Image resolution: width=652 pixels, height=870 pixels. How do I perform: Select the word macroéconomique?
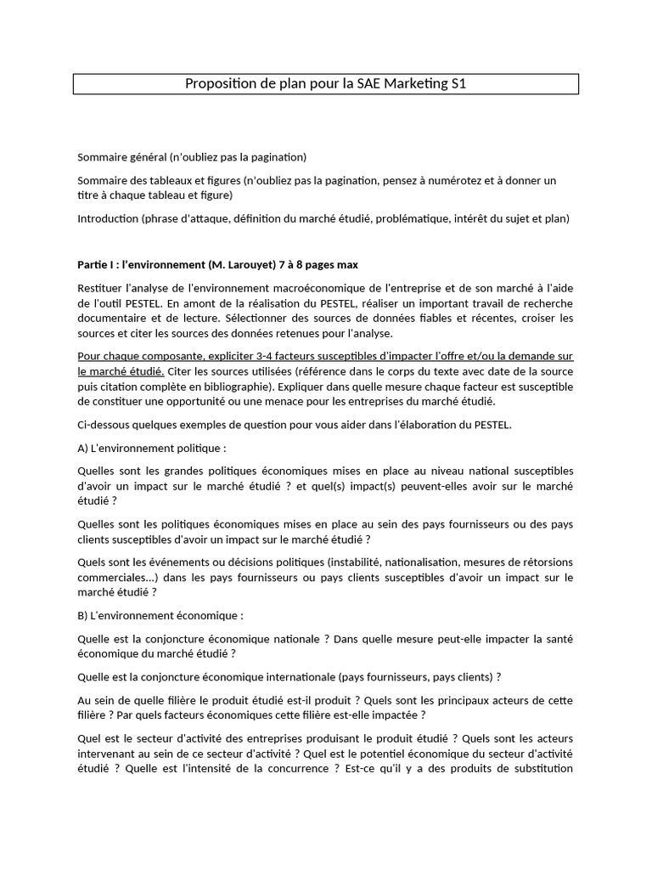pos(329,288)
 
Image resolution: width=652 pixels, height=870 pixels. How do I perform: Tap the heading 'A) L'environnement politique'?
pos(152,448)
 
